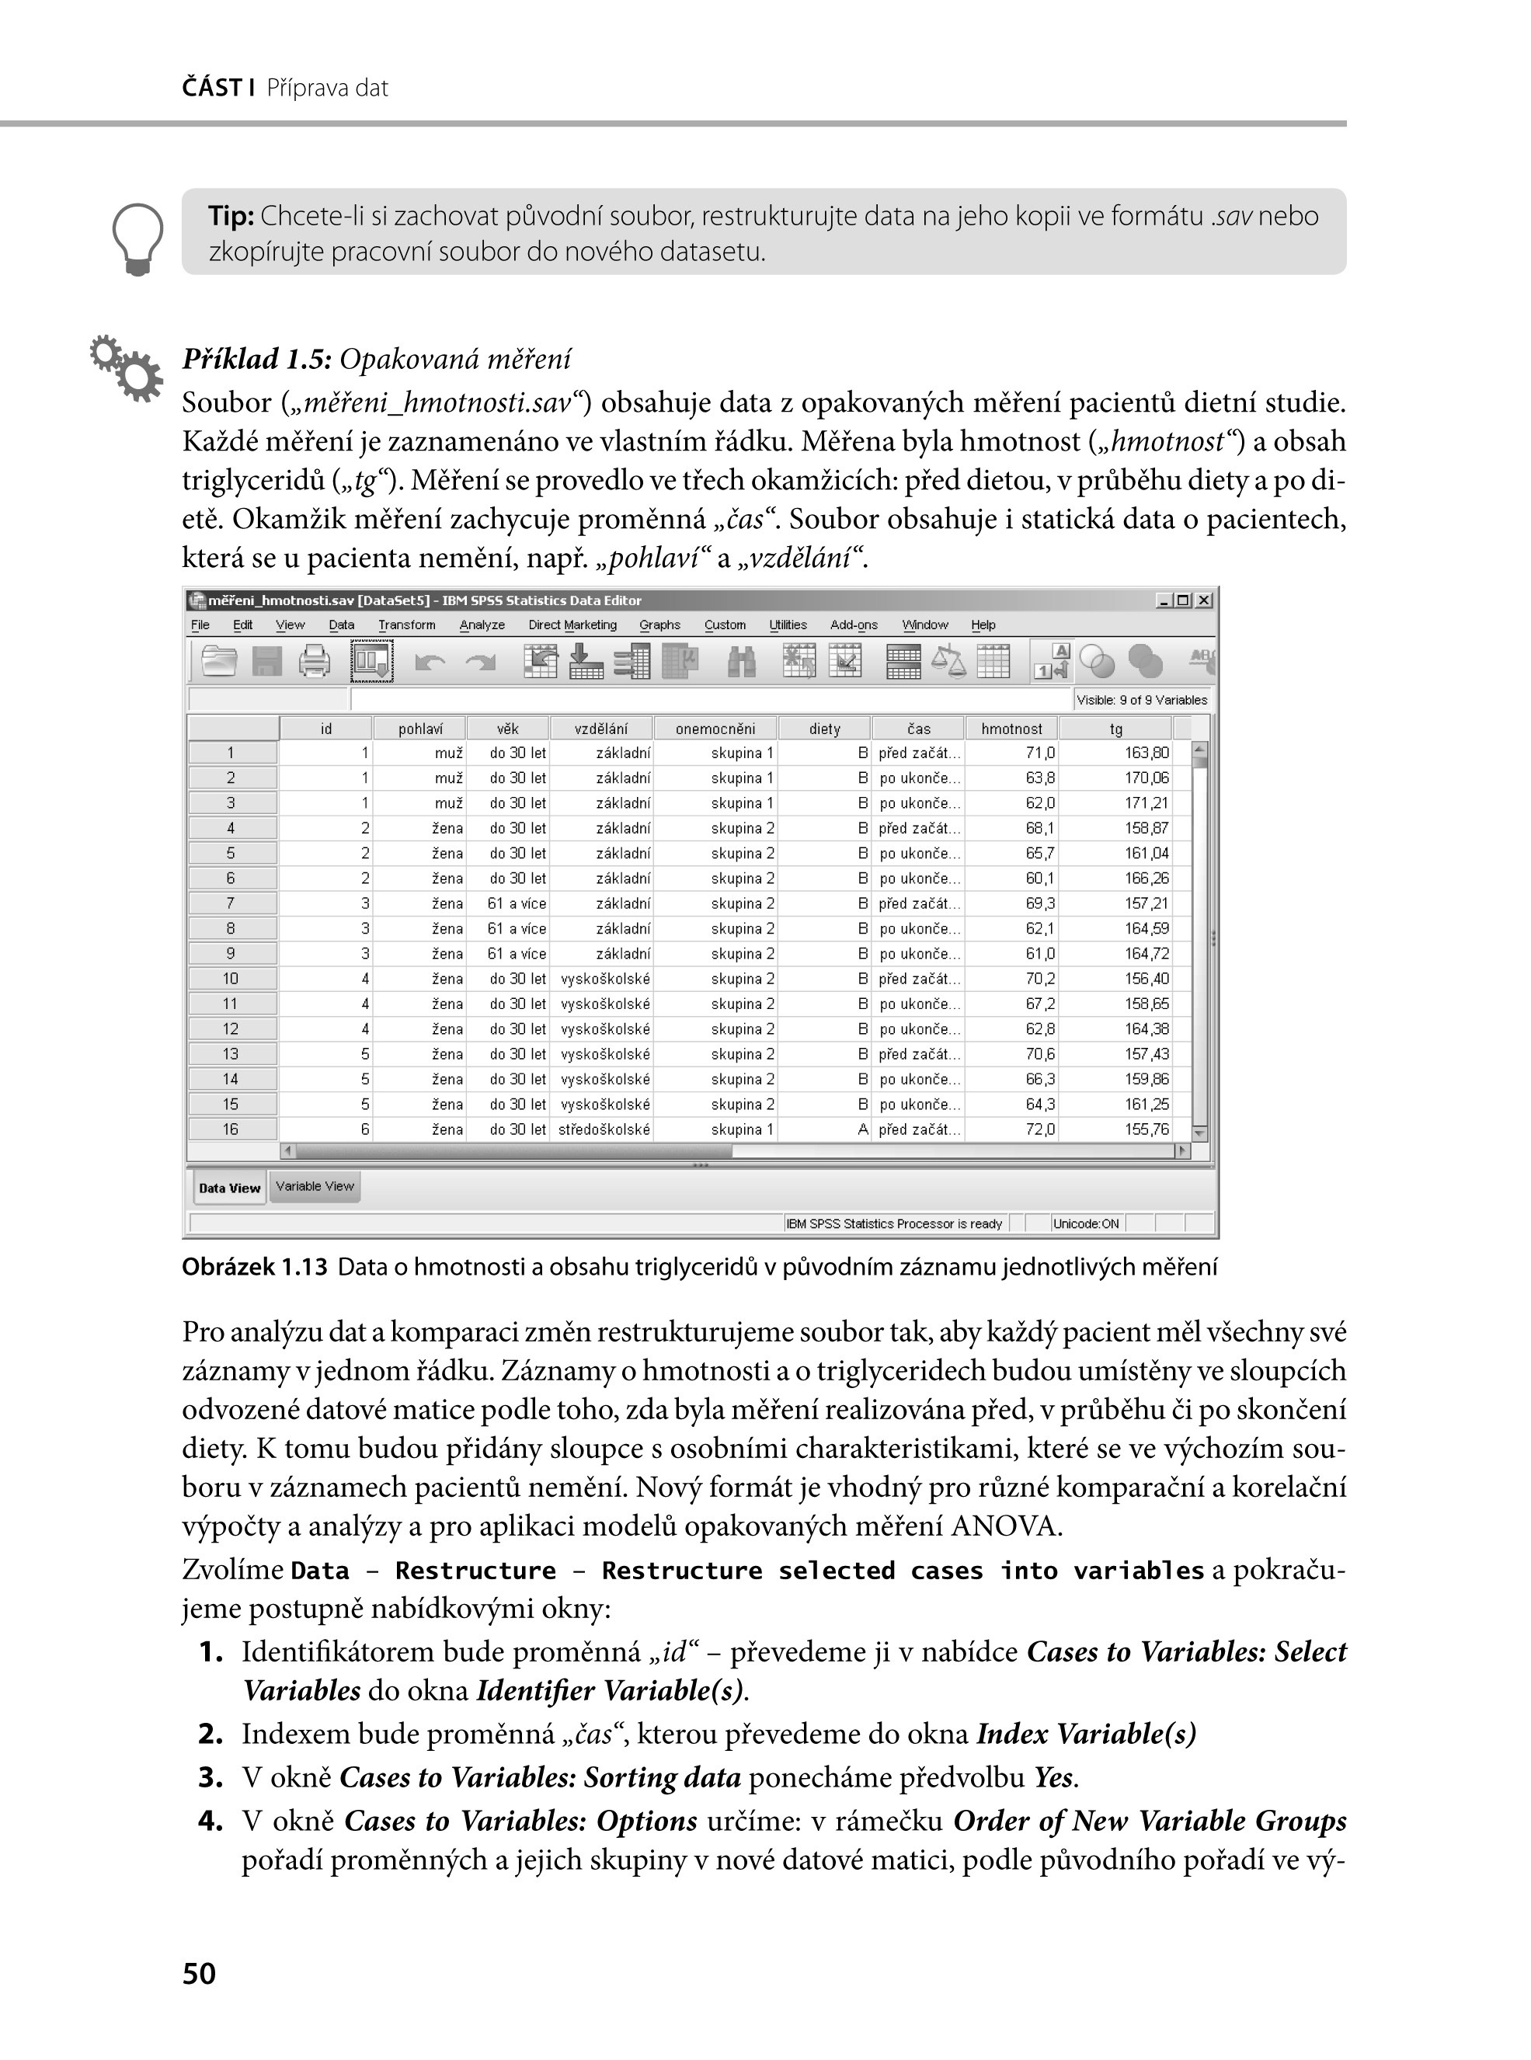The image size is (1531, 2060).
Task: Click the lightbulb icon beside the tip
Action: pos(137,239)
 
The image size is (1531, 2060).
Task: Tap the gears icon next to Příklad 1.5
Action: pos(126,368)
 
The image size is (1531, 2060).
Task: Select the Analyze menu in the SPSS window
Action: pos(482,625)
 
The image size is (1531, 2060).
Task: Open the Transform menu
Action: pos(406,625)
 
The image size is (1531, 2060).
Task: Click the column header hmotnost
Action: pos(1011,729)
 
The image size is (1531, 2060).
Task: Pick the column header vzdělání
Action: pos(600,729)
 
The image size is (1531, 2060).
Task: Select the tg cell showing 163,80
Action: pos(1147,753)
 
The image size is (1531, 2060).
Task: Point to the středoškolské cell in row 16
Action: pos(604,1129)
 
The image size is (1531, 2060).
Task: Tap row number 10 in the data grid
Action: pos(231,980)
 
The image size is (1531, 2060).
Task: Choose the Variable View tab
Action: pos(315,1187)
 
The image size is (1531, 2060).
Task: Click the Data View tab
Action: pos(230,1188)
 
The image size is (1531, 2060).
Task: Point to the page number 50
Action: pos(200,1974)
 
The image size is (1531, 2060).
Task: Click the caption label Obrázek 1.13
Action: pos(255,1268)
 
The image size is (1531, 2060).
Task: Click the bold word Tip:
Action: pos(231,216)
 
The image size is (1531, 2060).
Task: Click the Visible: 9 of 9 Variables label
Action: pos(1142,701)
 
